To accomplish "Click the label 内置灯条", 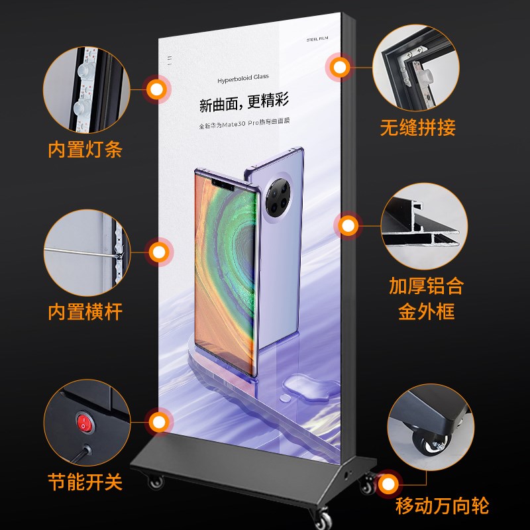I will click(x=85, y=149).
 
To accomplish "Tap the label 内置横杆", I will click(x=85, y=311).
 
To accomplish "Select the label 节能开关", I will click(x=85, y=482).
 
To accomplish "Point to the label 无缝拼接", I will click(x=417, y=127).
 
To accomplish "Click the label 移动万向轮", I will click(x=442, y=507).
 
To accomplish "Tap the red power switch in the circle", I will click(x=83, y=422).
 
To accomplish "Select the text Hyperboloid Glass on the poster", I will click(x=243, y=79).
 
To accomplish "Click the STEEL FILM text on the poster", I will click(x=318, y=39).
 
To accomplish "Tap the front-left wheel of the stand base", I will click(x=156, y=482).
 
